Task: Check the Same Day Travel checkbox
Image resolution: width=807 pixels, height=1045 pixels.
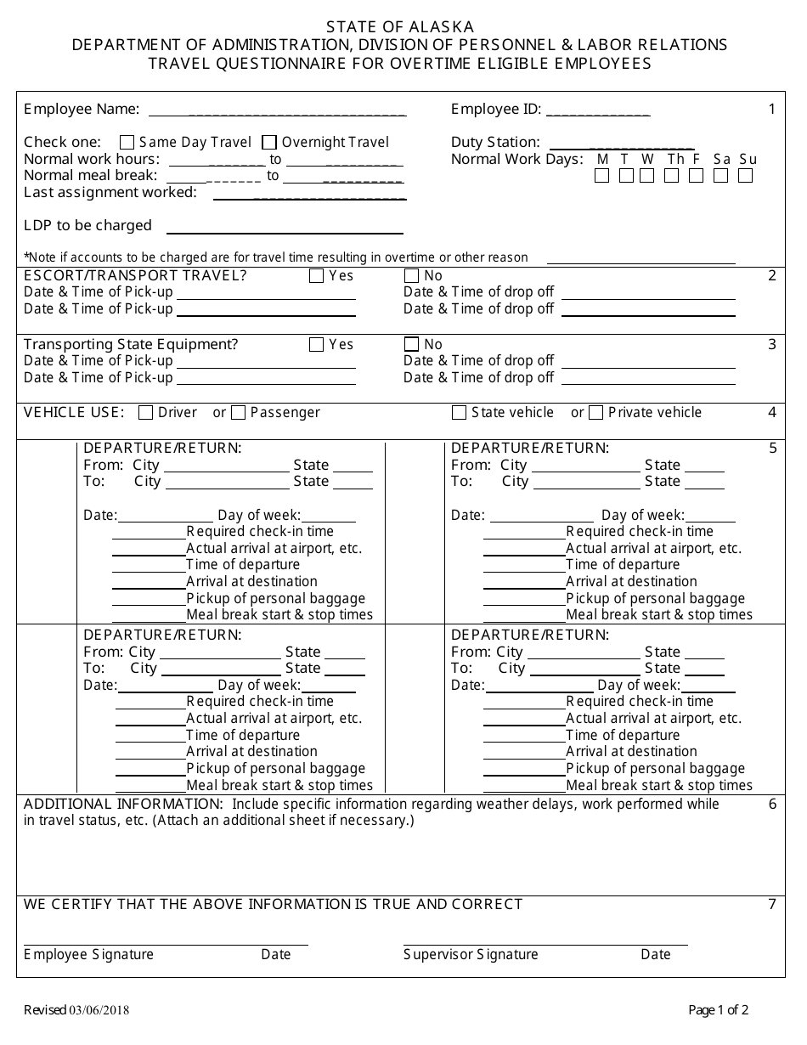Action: (x=127, y=143)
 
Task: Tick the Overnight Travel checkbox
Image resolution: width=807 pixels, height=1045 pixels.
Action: (x=269, y=143)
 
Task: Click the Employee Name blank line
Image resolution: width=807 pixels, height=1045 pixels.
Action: (x=277, y=112)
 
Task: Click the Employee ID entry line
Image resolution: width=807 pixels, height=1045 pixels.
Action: (x=598, y=112)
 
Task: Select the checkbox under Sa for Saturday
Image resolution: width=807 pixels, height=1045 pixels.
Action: (x=721, y=176)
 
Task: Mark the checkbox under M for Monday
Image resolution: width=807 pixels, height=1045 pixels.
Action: (x=602, y=176)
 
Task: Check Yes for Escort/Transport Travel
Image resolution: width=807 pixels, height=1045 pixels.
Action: (x=317, y=275)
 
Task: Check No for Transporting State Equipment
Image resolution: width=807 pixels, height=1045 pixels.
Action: (x=412, y=344)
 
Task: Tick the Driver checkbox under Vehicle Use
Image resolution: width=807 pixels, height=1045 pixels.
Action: (x=145, y=413)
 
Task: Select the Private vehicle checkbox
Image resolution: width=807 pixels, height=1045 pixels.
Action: (x=595, y=413)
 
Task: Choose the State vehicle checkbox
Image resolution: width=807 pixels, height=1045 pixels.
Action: (x=459, y=413)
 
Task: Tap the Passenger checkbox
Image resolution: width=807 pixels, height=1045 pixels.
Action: (x=238, y=413)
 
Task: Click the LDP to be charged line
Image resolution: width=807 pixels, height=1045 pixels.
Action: (x=285, y=231)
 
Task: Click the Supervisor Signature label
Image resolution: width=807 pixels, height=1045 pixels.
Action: (x=471, y=954)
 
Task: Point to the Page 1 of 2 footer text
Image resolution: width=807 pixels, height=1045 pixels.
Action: (x=718, y=1010)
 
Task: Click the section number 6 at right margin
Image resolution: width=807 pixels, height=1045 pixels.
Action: (x=772, y=804)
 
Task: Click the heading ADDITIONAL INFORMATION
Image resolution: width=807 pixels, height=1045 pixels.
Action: (x=122, y=804)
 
